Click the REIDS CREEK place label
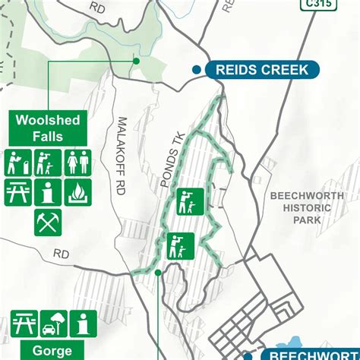click(x=262, y=70)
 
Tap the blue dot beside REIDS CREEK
click(x=196, y=70)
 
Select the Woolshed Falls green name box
click(x=47, y=128)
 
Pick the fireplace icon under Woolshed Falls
click(x=77, y=191)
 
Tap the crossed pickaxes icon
click(x=47, y=221)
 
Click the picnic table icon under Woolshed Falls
click(x=17, y=191)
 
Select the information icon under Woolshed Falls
click(x=47, y=191)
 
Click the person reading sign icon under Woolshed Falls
click(x=17, y=163)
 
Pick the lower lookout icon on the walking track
click(x=181, y=245)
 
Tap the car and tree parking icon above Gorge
click(x=54, y=324)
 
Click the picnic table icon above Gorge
click(x=24, y=324)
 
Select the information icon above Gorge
click(x=83, y=324)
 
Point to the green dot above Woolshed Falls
click(x=137, y=62)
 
